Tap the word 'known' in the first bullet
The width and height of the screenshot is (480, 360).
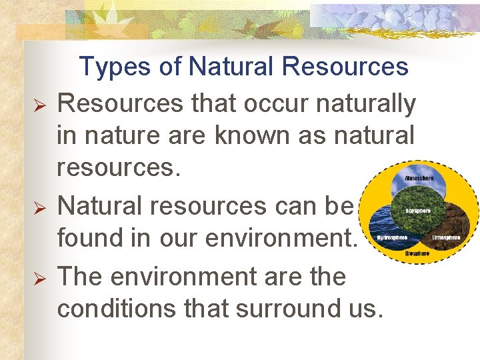257,136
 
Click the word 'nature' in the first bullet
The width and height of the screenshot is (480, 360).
128,136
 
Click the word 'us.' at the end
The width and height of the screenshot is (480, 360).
368,309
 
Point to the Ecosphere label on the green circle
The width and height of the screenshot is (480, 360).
419,211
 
